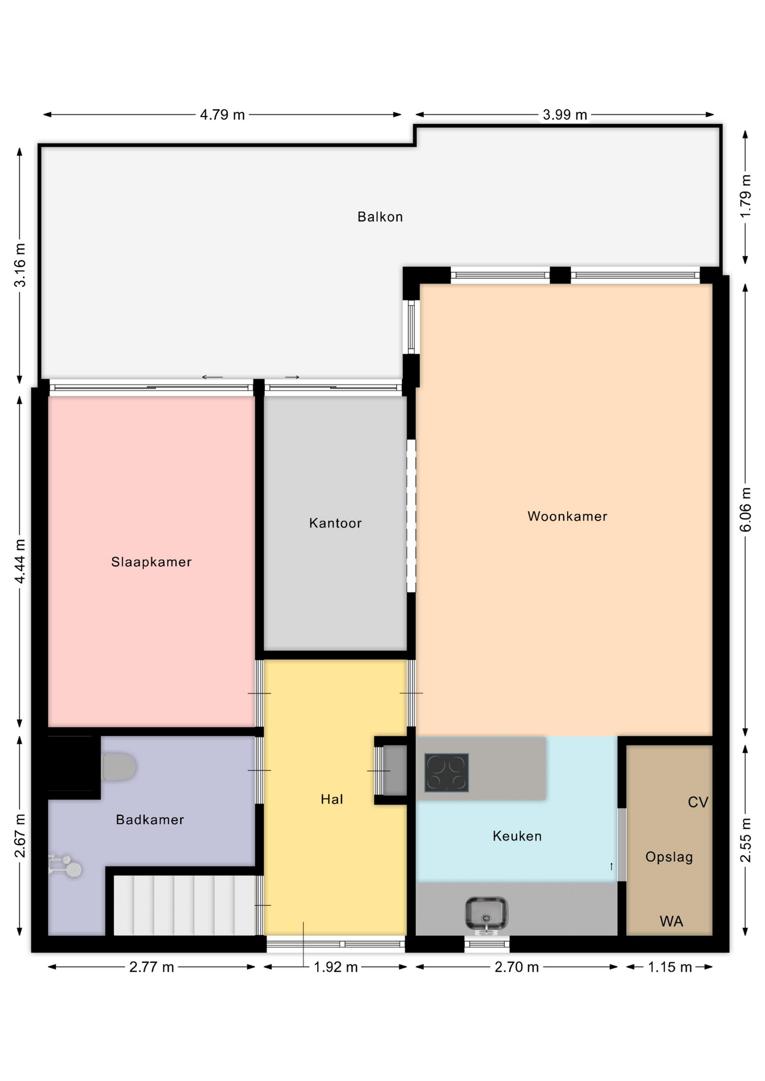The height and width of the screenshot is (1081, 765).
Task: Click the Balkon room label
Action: click(380, 217)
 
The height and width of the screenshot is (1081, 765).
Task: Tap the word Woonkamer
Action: click(567, 516)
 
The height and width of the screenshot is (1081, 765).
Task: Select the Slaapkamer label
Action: click(152, 562)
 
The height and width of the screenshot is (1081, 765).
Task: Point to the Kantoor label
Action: click(335, 523)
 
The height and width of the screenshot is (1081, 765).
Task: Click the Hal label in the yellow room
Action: click(332, 799)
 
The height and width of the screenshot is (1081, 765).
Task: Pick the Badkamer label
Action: click(150, 819)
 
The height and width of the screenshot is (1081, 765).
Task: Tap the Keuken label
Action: click(517, 836)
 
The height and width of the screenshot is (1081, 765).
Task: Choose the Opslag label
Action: click(669, 857)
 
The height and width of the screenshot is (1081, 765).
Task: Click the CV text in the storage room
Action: click(698, 802)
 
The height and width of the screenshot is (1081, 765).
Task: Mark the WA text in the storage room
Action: click(671, 922)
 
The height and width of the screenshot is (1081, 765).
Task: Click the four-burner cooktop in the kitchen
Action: click(446, 772)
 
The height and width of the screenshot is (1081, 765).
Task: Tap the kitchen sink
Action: click(486, 913)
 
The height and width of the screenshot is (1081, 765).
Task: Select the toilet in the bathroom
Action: click(119, 767)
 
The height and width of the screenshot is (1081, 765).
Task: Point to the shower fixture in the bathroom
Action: click(65, 865)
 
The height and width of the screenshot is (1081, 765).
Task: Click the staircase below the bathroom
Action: click(185, 905)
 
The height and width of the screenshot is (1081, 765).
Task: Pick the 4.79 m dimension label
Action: click(223, 115)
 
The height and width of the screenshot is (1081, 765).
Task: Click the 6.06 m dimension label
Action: click(745, 510)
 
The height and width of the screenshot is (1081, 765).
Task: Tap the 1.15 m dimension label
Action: click(670, 967)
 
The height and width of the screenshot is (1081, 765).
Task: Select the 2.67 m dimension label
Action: click(20, 836)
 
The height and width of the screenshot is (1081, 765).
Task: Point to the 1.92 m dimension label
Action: click(336, 967)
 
